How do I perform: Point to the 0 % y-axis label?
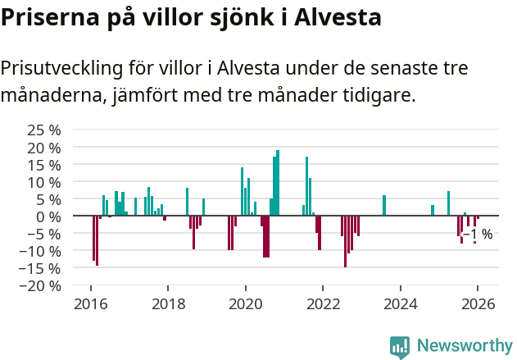(x=48, y=216)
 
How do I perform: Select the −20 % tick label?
(x=41, y=285)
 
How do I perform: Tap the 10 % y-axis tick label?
(x=44, y=181)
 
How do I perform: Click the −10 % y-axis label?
(x=41, y=251)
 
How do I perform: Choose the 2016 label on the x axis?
(x=90, y=303)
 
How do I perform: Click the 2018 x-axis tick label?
(x=168, y=303)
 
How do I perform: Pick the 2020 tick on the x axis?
(x=245, y=303)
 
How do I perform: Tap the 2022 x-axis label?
(x=323, y=303)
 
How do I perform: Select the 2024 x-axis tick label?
(x=401, y=303)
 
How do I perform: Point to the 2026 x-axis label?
(x=478, y=303)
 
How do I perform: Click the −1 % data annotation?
(x=478, y=235)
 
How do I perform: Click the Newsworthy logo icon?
(x=400, y=347)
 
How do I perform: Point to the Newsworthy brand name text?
(x=465, y=347)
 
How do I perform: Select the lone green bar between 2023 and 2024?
(x=384, y=205)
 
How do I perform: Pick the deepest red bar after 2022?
(x=345, y=241)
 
